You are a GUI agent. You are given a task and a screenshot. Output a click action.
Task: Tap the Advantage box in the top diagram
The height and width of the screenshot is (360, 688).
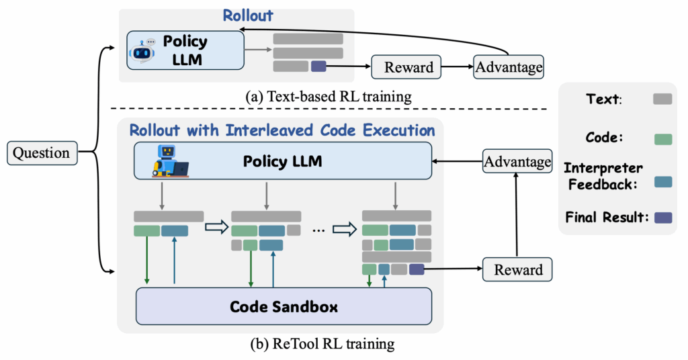(508, 67)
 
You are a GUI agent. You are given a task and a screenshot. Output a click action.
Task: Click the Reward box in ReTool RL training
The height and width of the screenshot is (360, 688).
(517, 269)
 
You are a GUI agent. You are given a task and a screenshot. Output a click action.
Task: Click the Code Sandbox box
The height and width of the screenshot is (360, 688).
(284, 306)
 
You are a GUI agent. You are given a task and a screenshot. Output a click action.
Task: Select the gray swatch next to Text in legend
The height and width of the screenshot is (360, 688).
(662, 99)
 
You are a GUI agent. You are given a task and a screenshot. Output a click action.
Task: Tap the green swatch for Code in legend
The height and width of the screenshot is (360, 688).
(662, 140)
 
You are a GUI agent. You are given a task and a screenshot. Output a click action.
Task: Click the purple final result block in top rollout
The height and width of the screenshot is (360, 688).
(318, 66)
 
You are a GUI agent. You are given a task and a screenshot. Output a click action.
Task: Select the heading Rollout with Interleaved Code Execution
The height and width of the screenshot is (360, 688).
(282, 129)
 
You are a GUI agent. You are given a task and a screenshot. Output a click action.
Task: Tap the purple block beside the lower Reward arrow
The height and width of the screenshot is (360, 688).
(417, 269)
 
